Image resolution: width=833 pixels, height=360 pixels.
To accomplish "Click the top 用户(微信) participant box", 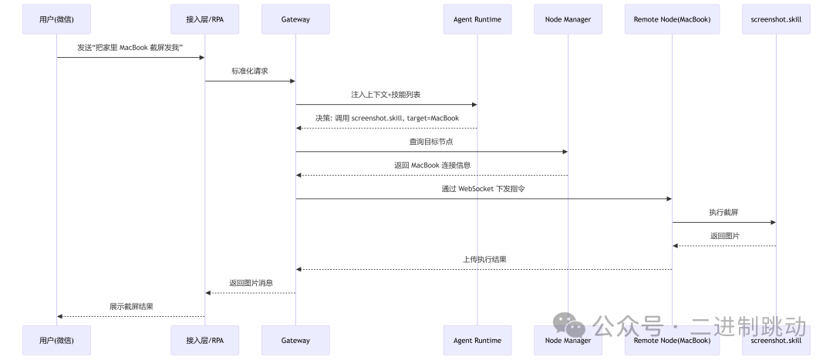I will tap(56, 19).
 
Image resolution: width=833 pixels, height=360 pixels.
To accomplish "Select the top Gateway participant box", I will tap(295, 19).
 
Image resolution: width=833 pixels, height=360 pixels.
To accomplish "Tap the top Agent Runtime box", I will tap(477, 19).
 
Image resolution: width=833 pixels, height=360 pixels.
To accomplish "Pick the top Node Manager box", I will tap(568, 19).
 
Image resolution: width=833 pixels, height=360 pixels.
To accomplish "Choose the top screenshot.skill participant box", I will tap(776, 19).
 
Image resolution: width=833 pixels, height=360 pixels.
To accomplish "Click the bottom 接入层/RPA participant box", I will tap(204, 340).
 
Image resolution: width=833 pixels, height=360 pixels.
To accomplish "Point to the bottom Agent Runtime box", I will tap(477, 340).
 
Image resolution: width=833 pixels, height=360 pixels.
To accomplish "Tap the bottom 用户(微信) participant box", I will tap(56, 340).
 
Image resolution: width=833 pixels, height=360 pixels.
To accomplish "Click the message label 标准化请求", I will tap(250, 71).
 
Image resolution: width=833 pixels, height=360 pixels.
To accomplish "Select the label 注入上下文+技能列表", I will tap(386, 94).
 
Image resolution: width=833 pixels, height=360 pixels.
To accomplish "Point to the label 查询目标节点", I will tap(431, 141).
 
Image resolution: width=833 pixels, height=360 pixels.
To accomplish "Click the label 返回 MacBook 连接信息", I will tap(431, 165).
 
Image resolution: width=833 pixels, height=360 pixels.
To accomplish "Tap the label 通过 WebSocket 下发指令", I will tap(484, 189).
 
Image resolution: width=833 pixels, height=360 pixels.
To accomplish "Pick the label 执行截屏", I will tap(723, 212).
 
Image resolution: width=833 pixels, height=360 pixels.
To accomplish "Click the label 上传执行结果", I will tap(484, 259).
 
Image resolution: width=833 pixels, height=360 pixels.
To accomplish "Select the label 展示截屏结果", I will tap(131, 306).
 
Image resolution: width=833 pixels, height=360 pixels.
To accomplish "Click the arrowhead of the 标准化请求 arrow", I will tap(292, 81).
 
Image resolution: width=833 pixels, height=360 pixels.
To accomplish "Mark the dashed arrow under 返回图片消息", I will tap(250, 293).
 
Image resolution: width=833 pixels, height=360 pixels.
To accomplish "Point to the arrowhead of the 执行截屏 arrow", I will tap(772, 222).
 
